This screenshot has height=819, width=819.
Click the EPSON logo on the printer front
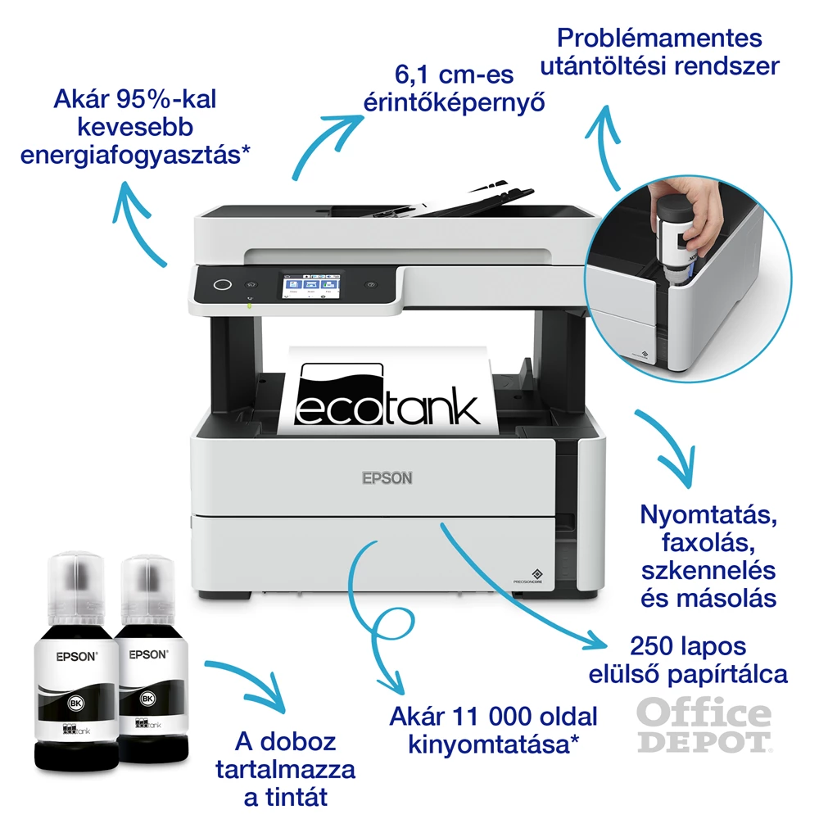click(x=387, y=477)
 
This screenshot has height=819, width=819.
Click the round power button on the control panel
click(x=221, y=284)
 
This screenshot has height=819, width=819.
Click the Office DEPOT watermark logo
click(x=704, y=725)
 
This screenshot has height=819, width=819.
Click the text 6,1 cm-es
click(x=455, y=76)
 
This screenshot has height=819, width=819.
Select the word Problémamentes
click(x=658, y=38)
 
